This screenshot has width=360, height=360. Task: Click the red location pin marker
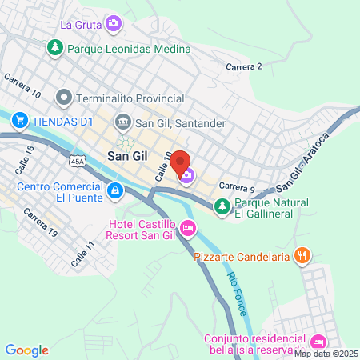pos(181,162)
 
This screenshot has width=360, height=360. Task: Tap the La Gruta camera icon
pos(114,23)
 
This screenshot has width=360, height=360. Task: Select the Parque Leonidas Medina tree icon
pos(55,48)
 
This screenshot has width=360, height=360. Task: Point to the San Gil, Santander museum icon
pos(123,123)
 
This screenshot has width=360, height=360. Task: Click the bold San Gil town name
pos(127,158)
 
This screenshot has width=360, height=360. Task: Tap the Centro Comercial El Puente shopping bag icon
pos(115,190)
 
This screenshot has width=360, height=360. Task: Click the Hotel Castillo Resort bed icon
pos(188,229)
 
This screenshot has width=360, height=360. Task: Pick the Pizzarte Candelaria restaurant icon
pos(302,257)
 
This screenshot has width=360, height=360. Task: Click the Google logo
pos(27,350)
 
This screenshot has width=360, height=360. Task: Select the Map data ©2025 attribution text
pos(326,353)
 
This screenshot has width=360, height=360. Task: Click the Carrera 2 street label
pos(245,66)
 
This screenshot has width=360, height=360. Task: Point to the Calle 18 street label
pos(24,156)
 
